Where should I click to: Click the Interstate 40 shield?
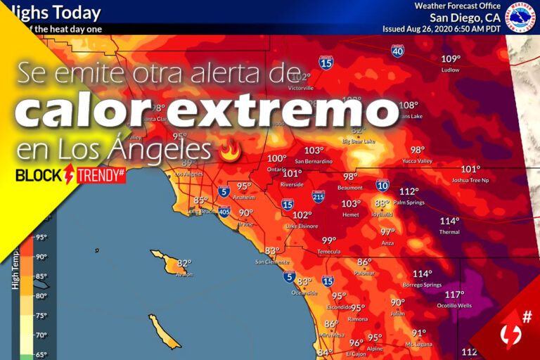pos(398,51)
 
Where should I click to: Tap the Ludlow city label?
pos(450,70)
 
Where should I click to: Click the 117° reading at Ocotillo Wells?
pos(454,295)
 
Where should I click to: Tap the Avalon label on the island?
pos(184,274)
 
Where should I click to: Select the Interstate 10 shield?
pos(382,186)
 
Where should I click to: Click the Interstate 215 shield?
pos(319,199)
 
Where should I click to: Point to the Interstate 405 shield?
pos(224,211)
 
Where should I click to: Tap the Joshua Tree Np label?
pos(470,180)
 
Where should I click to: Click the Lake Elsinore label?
pos(301,226)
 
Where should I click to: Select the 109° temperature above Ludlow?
pos(450,59)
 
